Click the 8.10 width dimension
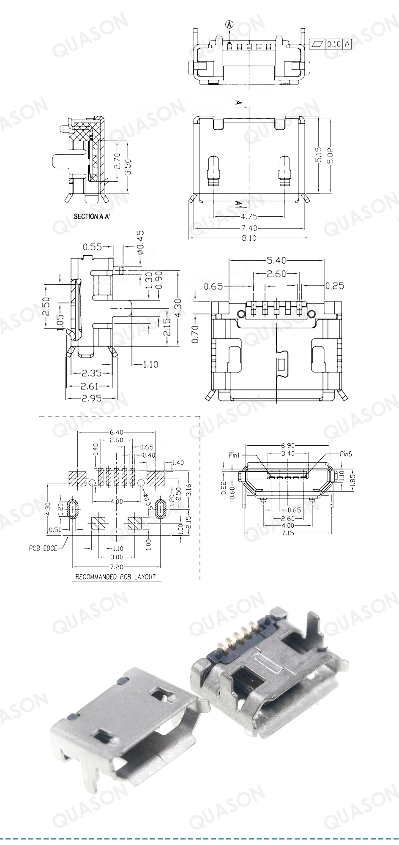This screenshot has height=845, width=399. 249,238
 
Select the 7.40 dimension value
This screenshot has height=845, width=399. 249,228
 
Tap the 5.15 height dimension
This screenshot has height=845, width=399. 319,154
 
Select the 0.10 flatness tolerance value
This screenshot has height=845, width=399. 334,44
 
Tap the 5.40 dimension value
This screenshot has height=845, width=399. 276,260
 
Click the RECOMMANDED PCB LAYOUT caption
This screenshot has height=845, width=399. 115,577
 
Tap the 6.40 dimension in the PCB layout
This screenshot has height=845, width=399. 117,432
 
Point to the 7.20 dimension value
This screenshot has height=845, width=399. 117,567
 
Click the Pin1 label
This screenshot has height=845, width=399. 234,455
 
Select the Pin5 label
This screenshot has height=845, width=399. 345,454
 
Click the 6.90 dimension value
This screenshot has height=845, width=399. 288,446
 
